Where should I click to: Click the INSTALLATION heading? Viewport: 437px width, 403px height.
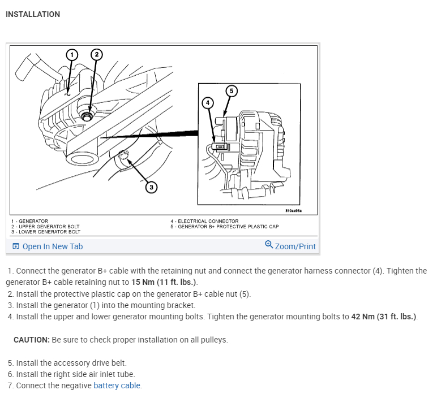[x=33, y=14]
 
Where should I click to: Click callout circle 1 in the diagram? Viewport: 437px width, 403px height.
[x=71, y=54]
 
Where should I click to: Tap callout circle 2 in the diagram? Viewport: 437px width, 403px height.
[x=96, y=54]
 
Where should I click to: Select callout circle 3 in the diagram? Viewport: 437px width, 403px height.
[x=151, y=187]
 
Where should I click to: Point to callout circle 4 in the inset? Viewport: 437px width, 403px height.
[x=208, y=102]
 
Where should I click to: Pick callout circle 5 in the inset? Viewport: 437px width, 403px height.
[x=230, y=90]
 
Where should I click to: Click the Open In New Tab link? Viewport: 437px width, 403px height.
[x=52, y=246]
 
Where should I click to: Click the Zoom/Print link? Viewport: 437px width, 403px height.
[x=295, y=246]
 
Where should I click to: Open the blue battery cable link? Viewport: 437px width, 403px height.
[x=117, y=385]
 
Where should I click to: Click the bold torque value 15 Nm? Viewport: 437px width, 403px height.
[x=144, y=282]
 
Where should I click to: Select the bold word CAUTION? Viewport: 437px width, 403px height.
[x=31, y=340]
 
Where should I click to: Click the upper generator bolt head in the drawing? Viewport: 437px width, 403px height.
[x=87, y=116]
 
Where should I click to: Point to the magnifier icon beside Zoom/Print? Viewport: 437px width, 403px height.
[x=269, y=245]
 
